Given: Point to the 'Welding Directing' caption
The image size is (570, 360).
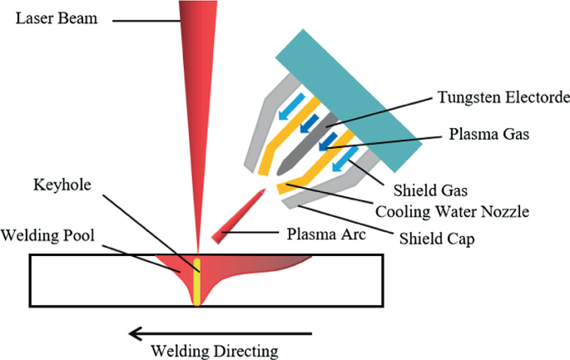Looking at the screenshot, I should (221, 349).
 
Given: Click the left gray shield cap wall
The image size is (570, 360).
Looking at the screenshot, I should (264, 129).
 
